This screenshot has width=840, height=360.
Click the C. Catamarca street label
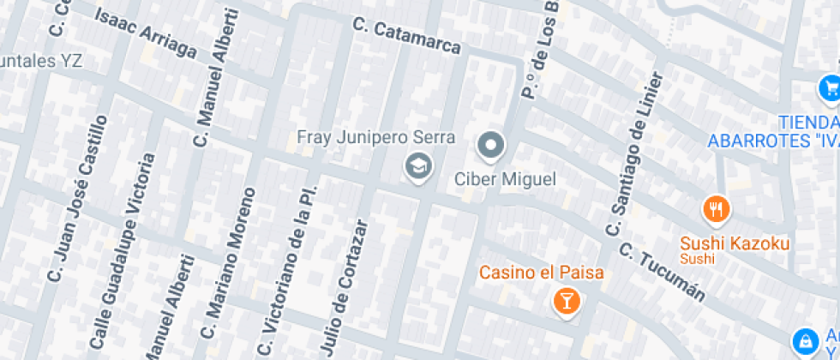coord(407,35)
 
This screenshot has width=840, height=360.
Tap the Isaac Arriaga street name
coord(145,33)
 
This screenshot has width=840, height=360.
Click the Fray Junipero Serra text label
coord(375,137)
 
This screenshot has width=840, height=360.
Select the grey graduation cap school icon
coord(418,166)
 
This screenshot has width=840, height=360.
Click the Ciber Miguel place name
coord(504,179)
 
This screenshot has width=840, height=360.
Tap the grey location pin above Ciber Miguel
coord(491,146)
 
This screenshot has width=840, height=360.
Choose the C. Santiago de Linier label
coord(634,154)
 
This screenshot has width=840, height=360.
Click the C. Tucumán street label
coord(662,273)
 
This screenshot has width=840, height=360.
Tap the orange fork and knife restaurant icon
coord(716,207)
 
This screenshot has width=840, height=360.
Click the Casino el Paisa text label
coord(541,273)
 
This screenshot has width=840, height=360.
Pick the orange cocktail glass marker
coord(566,300)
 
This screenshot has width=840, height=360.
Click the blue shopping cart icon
coord(829,87)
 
